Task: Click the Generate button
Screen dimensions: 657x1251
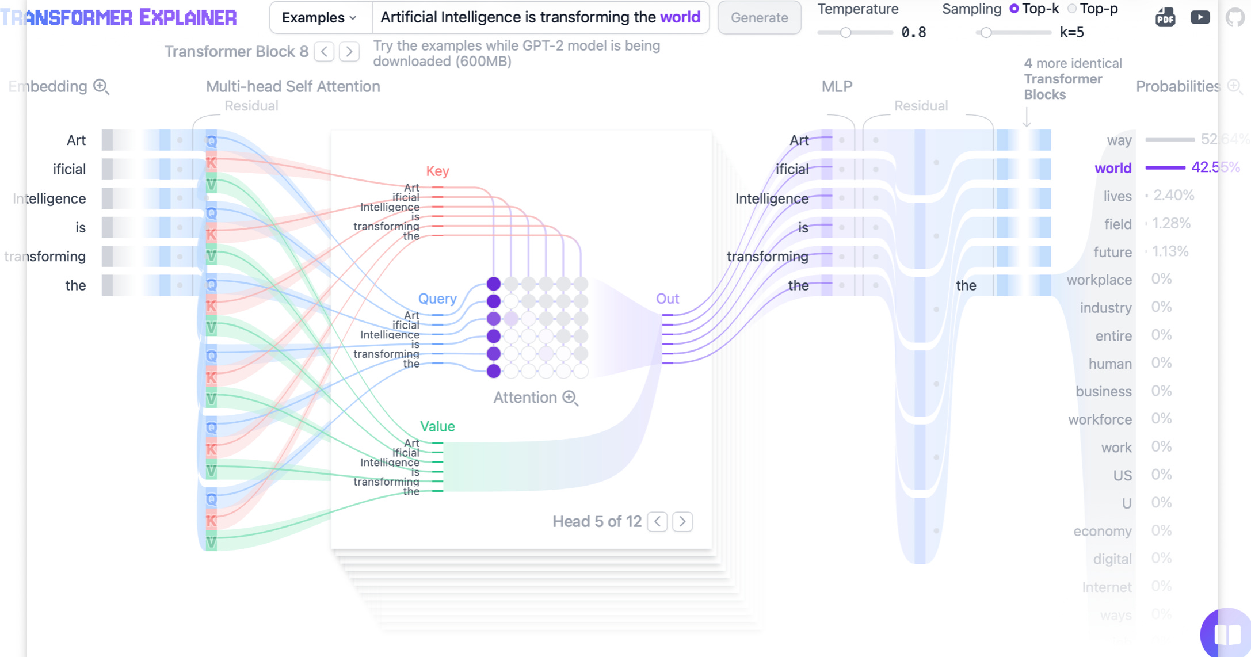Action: click(759, 18)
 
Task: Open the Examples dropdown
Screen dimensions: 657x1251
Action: click(319, 18)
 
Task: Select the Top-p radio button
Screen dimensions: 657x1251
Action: click(1072, 9)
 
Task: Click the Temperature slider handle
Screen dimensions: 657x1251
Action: click(845, 33)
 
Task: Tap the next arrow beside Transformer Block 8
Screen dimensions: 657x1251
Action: click(349, 52)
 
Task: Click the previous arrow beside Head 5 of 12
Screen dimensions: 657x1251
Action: click(657, 521)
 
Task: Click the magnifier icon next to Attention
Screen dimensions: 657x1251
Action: click(570, 398)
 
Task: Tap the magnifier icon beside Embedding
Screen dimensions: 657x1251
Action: click(101, 87)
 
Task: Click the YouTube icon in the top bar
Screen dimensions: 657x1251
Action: click(1200, 17)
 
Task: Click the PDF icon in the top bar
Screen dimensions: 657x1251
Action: click(1165, 18)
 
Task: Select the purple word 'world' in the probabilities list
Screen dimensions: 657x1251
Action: click(1112, 168)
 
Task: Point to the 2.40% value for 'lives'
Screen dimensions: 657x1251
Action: click(1173, 196)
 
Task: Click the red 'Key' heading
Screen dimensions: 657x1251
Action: click(437, 171)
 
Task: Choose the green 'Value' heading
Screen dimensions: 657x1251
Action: click(437, 426)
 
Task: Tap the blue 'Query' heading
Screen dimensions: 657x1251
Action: click(437, 299)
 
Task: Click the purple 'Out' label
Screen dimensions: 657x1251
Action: click(668, 299)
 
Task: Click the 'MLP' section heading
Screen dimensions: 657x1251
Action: click(837, 86)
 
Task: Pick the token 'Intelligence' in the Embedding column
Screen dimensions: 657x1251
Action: click(49, 198)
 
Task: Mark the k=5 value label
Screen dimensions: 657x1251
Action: click(1071, 33)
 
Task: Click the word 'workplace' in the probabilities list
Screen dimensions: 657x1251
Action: click(1099, 280)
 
